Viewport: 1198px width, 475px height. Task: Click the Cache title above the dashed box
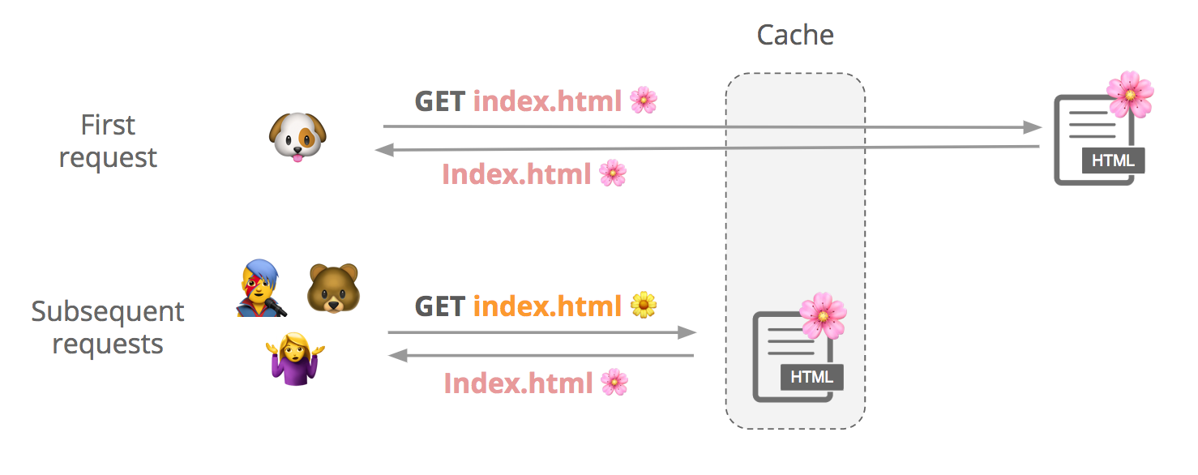click(x=794, y=35)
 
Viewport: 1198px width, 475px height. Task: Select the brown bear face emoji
click(x=332, y=289)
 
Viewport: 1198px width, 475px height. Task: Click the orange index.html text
click(x=547, y=306)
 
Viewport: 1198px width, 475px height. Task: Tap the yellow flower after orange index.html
click(x=644, y=305)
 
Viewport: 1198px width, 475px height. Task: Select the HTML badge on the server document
click(x=1112, y=160)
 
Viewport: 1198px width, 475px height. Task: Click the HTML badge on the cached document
click(x=811, y=377)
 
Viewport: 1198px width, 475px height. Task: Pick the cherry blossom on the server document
click(x=1129, y=94)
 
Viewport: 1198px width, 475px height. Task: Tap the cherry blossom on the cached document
click(x=822, y=316)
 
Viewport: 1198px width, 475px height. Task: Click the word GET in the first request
click(x=440, y=101)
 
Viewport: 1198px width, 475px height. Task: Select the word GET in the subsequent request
click(x=440, y=306)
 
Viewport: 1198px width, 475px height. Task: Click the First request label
click(x=108, y=141)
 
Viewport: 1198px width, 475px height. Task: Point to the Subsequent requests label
click(x=108, y=327)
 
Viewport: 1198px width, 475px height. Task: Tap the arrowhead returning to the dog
click(x=383, y=149)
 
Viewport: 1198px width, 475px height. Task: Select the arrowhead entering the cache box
click(x=687, y=332)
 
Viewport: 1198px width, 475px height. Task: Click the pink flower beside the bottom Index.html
click(x=614, y=382)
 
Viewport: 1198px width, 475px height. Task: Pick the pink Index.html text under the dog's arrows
click(x=516, y=174)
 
